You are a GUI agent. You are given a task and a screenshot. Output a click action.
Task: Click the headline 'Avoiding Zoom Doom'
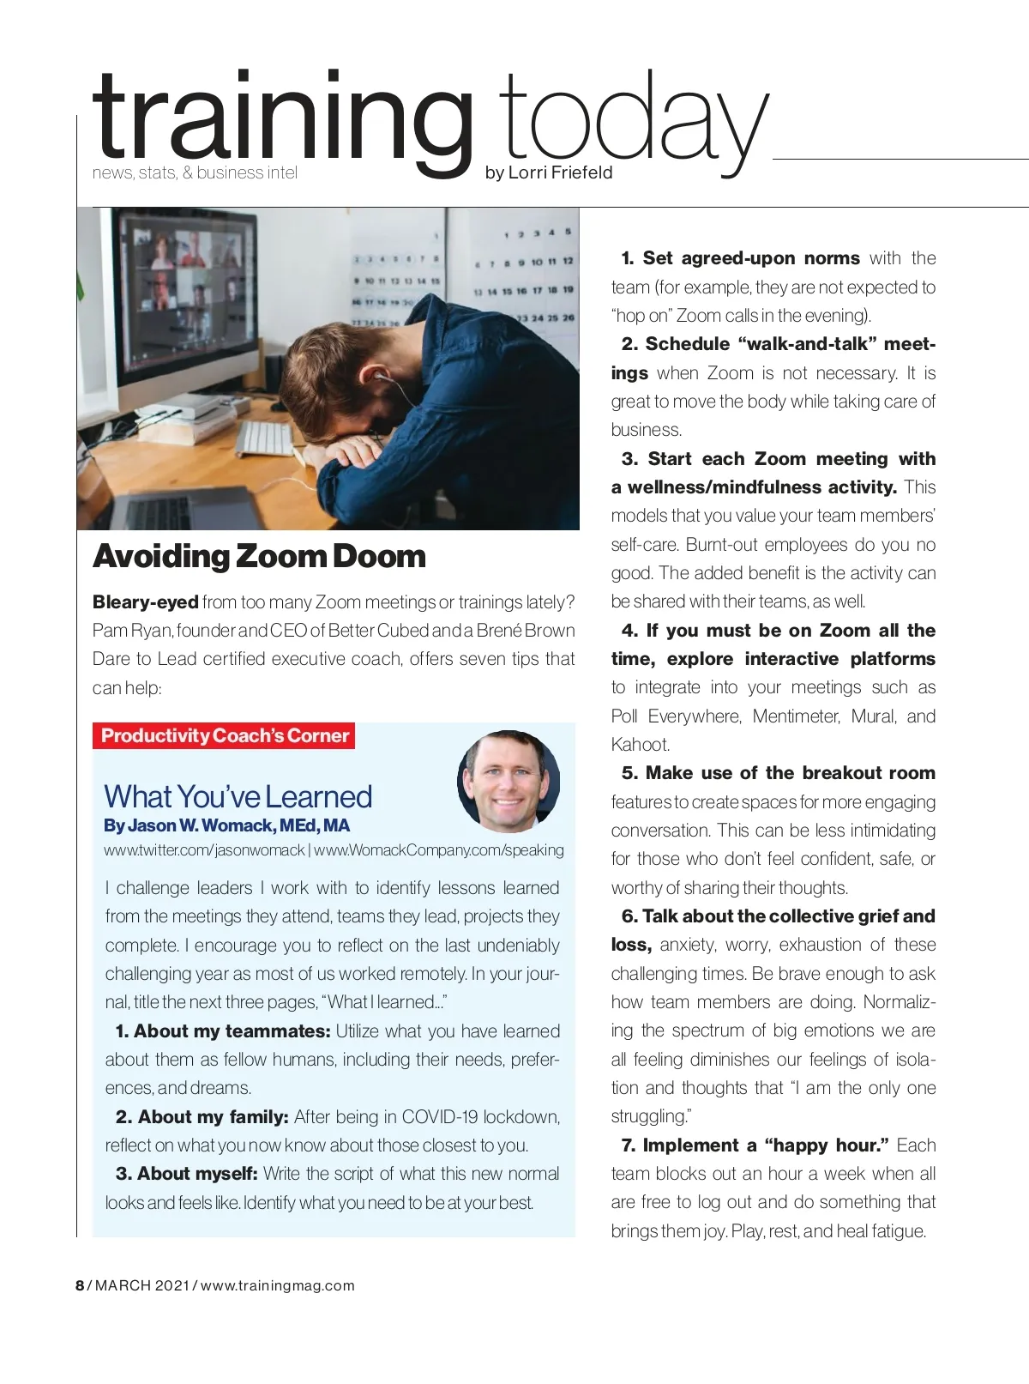[x=259, y=556]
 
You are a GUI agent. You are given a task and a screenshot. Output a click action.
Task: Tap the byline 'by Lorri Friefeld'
[x=549, y=172]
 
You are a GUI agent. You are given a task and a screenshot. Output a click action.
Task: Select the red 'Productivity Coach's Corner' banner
[x=225, y=736]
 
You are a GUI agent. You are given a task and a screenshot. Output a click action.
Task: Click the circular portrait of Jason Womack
[x=508, y=782]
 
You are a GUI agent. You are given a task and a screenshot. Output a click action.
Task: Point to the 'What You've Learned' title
[x=238, y=796]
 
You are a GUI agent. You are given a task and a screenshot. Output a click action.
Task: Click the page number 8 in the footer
[x=80, y=1285]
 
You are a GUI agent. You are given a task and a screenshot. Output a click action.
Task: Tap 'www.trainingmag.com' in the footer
[x=278, y=1285]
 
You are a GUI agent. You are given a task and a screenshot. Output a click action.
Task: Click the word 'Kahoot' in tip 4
[x=640, y=745]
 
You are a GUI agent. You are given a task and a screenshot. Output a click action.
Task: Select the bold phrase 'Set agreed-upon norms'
[x=750, y=258]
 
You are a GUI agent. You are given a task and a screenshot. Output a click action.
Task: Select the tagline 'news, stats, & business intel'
[x=195, y=172]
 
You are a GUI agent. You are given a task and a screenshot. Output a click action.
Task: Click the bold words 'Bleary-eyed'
[x=145, y=602]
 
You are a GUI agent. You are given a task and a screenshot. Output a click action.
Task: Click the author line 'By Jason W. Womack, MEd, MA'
[x=226, y=825]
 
